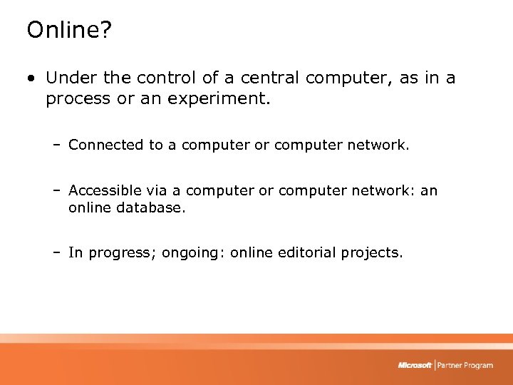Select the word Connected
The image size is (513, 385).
[x=106, y=145]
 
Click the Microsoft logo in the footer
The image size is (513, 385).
[x=415, y=366]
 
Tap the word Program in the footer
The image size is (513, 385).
[x=477, y=366]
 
